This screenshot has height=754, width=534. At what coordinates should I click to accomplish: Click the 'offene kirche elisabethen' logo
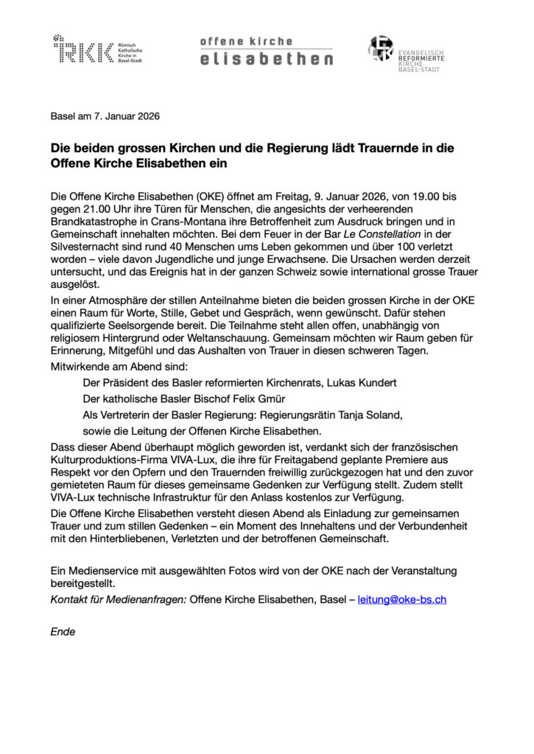[x=266, y=50]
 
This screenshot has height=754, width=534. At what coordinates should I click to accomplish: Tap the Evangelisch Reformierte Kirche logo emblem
[x=382, y=49]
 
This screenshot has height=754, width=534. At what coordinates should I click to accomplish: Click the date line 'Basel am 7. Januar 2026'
[x=105, y=116]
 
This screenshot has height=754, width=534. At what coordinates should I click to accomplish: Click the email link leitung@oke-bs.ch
[x=402, y=599]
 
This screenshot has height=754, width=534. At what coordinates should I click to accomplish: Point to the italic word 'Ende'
[x=63, y=631]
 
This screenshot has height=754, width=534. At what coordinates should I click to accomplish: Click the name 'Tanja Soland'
[x=368, y=415]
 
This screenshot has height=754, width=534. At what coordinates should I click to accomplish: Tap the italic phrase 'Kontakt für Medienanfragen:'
[x=118, y=599]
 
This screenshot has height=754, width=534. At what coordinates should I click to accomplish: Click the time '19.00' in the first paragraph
[x=435, y=197]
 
